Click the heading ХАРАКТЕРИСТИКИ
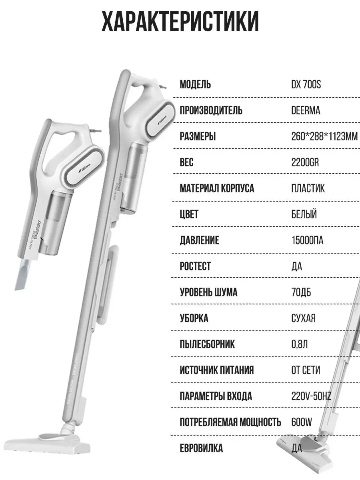[x=180, y=22]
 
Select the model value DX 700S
[x=306, y=85]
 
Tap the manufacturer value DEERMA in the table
[x=306, y=110]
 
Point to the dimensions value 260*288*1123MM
[x=324, y=136]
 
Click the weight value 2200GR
[x=305, y=162]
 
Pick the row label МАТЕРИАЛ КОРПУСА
[x=217, y=188]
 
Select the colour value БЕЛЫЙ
[x=304, y=214]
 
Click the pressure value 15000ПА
[x=307, y=240]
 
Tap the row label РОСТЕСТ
[x=195, y=266]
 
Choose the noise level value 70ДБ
[x=301, y=292]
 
